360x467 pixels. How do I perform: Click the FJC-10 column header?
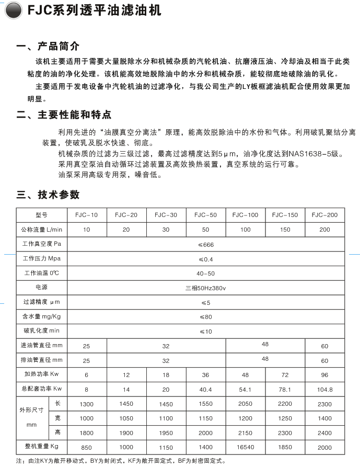point(87,215)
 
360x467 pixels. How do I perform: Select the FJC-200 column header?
point(324,215)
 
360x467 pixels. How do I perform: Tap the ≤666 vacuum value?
point(206,244)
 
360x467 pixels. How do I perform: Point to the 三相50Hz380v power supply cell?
point(206,288)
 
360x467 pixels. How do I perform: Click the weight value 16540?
point(245,447)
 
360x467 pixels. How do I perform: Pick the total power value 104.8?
point(324,389)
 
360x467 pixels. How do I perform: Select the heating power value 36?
point(206,374)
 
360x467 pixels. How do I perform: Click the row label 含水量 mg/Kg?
point(42,316)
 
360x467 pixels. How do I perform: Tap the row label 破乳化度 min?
point(42,331)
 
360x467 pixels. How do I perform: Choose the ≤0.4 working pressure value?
point(206,259)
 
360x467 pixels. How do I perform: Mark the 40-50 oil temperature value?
point(206,274)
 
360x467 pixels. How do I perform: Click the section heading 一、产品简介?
point(48,46)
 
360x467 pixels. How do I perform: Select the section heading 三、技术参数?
point(48,195)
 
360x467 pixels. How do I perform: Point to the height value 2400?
point(324,432)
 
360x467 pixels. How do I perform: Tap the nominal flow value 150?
point(285,230)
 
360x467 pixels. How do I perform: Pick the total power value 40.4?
point(206,389)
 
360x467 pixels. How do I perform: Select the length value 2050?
point(245,404)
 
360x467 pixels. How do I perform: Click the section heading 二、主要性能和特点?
point(64,115)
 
